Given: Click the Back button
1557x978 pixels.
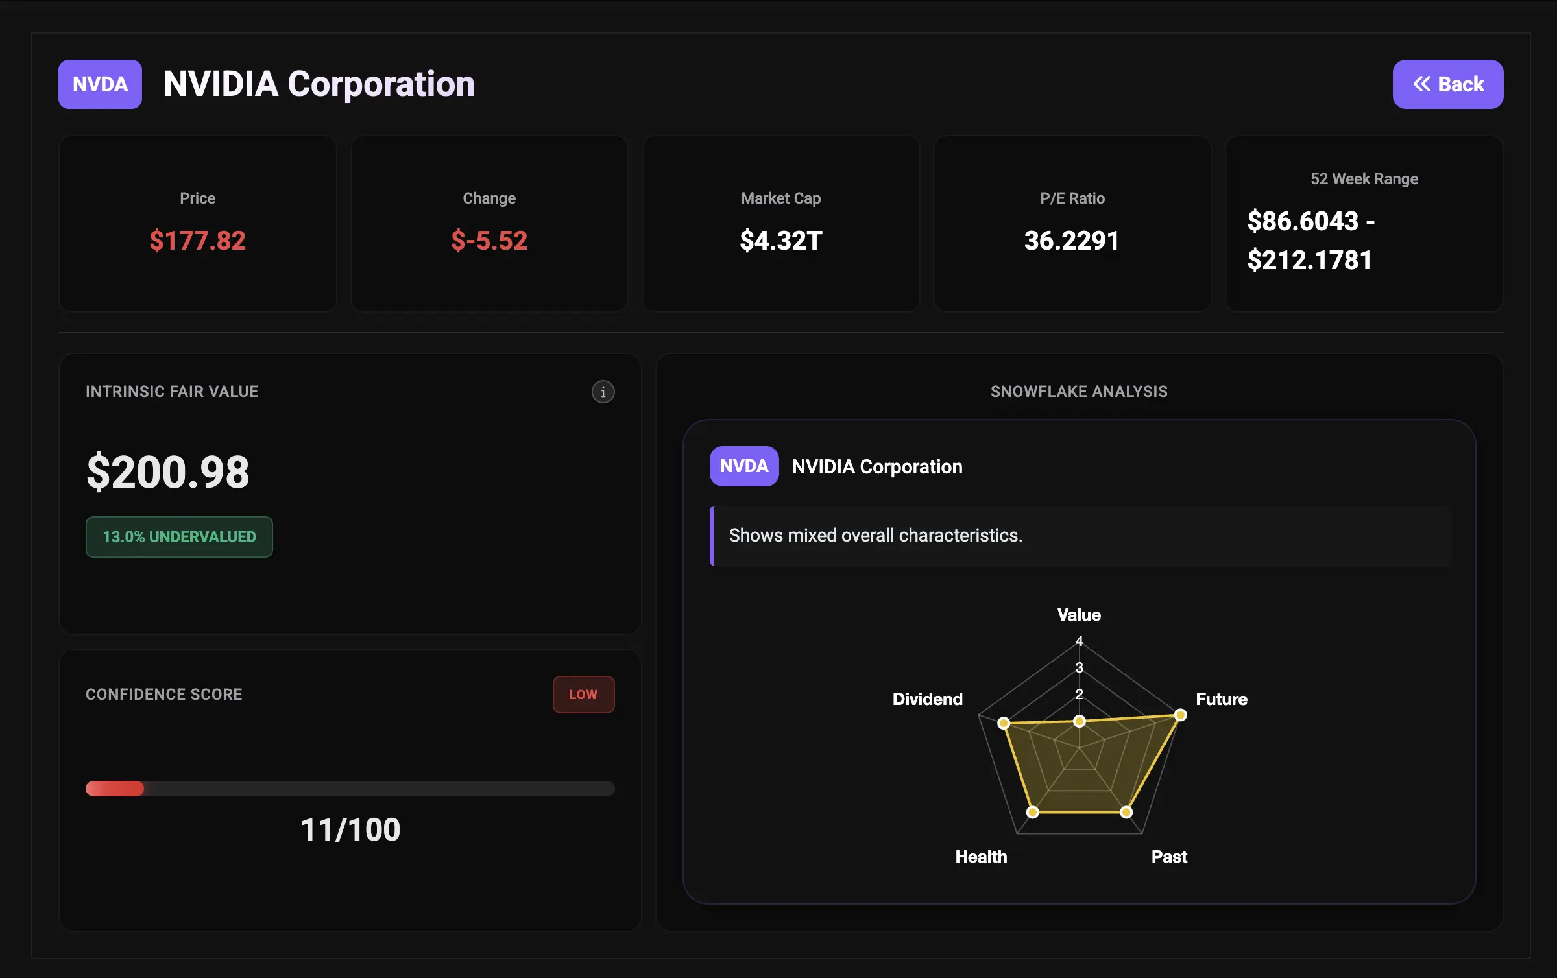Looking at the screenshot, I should pos(1447,84).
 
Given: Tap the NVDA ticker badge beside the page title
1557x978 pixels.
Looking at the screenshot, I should pos(100,84).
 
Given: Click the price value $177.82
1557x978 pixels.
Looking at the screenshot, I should pos(197,241).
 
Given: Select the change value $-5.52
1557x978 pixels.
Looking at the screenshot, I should pos(489,241).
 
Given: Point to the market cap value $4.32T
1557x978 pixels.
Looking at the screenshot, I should pos(780,241).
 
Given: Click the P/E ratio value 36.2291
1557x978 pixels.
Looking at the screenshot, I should pos(1072,241).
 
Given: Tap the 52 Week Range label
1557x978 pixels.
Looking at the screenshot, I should pos(1364,179).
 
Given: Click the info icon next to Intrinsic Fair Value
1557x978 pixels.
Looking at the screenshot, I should pos(603,392).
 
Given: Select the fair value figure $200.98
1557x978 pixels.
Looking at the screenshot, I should pos(168,471).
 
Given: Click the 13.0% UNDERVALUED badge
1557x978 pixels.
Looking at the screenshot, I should pos(179,537).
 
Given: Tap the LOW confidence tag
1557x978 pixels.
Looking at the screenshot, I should pos(583,695).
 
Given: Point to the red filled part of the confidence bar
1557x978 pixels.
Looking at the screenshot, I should pos(115,789).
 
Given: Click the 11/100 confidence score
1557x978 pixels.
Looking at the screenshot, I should pos(350,829).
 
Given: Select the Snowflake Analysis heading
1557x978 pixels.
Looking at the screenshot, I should pos(1079,392).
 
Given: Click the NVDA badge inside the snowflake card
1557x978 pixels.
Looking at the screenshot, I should pos(743,466).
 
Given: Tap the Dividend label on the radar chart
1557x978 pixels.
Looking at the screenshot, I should pos(927,699).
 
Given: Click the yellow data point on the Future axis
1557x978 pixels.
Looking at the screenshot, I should pos(1181,715).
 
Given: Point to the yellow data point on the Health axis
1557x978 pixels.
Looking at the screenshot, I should pos(1033,812).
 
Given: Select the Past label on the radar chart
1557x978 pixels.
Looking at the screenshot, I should pos(1169,857).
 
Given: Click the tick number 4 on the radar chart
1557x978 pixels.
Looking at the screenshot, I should pos(1080,641).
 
